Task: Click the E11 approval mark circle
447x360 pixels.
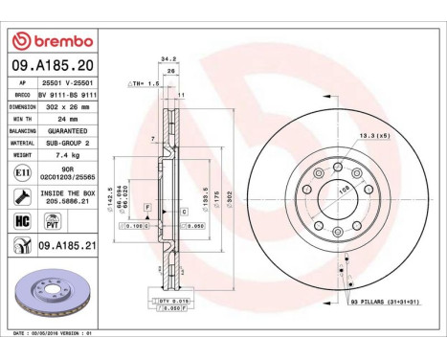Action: [x=22, y=172]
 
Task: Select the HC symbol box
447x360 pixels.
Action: [x=22, y=220]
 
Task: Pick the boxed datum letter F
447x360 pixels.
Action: [x=147, y=207]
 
